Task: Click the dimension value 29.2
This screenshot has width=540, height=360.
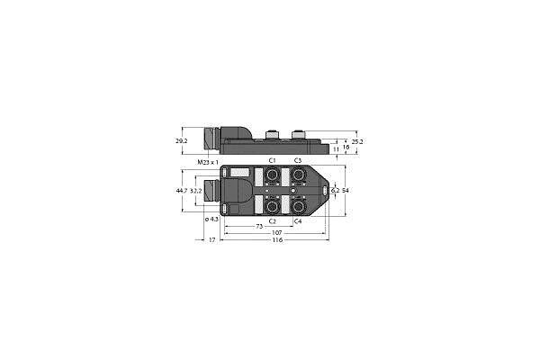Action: (x=181, y=142)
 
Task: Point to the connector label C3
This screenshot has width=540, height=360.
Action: (x=298, y=160)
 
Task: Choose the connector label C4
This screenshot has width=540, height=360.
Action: (x=298, y=220)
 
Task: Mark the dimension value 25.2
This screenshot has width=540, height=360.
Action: (x=358, y=141)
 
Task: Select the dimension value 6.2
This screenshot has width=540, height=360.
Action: (x=336, y=191)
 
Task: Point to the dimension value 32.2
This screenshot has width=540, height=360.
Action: (x=195, y=192)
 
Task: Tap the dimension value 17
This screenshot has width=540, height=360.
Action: (x=212, y=242)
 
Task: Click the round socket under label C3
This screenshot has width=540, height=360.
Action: (x=298, y=175)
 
